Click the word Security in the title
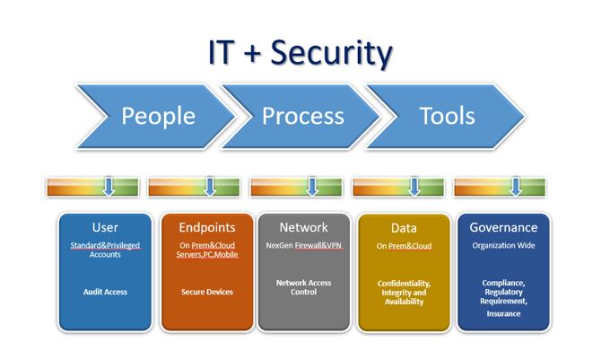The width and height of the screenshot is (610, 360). click(x=331, y=54)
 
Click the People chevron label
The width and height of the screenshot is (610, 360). click(x=159, y=116)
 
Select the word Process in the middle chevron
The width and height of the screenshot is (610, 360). click(x=303, y=116)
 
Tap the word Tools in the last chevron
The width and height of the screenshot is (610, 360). click(x=448, y=116)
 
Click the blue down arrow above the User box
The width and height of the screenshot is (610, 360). click(x=109, y=187)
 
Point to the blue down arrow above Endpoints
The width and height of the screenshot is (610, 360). click(x=210, y=187)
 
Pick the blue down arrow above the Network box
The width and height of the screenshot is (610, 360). click(x=312, y=187)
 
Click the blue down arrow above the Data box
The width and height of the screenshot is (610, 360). click(x=414, y=187)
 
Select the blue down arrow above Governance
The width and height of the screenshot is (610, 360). click(x=516, y=187)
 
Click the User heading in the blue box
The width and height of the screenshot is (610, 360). click(x=105, y=227)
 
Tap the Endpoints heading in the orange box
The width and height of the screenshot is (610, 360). click(x=207, y=228)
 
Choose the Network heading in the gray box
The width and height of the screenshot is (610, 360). click(x=304, y=227)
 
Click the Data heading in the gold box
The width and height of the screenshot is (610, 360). click(x=404, y=228)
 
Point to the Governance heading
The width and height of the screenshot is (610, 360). click(x=503, y=227)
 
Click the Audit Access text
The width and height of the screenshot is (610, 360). click(x=105, y=292)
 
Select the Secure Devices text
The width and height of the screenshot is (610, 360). click(x=207, y=292)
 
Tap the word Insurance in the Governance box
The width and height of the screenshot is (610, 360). click(x=503, y=313)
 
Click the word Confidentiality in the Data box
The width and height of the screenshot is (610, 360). click(x=404, y=284)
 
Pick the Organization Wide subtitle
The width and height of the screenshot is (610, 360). click(x=503, y=246)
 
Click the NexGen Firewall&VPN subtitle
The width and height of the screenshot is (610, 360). click(x=304, y=246)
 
